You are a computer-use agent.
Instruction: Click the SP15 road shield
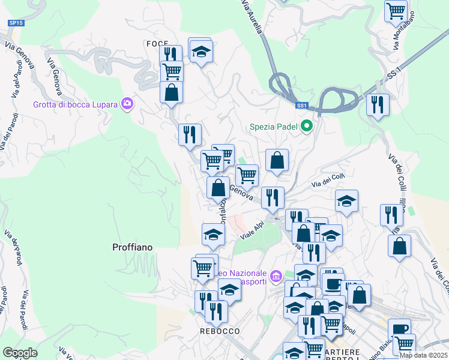(x=16, y=23)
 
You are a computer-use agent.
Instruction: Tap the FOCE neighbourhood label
(x=156, y=44)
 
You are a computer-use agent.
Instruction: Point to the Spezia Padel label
(x=274, y=127)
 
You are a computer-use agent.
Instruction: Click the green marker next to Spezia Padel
(x=307, y=127)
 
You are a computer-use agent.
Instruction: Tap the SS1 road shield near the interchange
(x=301, y=106)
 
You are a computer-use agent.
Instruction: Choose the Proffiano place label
(x=132, y=247)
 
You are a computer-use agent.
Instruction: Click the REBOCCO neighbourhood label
(x=220, y=331)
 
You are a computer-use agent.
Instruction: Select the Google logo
(x=20, y=353)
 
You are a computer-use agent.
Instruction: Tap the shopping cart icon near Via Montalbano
(x=396, y=11)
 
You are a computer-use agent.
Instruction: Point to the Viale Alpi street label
(x=253, y=231)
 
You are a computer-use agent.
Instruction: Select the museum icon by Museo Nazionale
(x=276, y=277)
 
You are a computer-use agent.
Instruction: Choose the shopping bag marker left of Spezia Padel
(x=277, y=160)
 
